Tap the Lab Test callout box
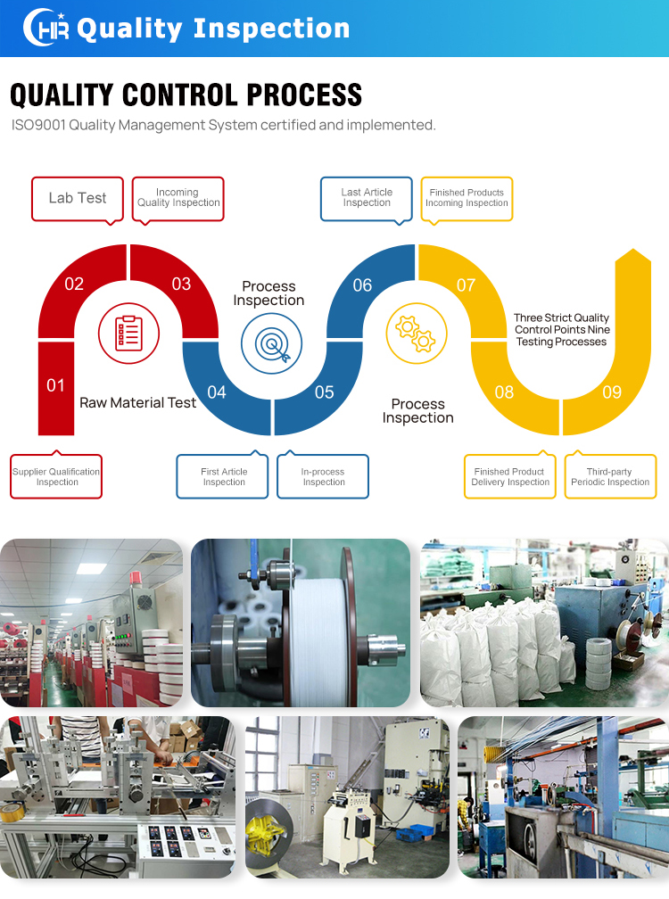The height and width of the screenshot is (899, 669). pyautogui.click(x=78, y=198)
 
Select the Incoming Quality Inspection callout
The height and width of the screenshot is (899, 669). pyautogui.click(x=178, y=198)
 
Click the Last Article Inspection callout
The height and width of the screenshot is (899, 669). pyautogui.click(x=367, y=198)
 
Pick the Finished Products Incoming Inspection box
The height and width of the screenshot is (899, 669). pyautogui.click(x=467, y=198)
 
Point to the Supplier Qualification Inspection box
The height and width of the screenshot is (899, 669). pyautogui.click(x=56, y=477)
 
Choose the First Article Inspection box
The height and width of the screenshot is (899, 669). pyautogui.click(x=224, y=477)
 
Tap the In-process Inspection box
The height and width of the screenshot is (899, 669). pyautogui.click(x=324, y=477)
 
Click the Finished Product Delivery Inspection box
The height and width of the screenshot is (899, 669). pyautogui.click(x=510, y=477)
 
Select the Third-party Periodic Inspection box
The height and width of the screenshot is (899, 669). pyautogui.click(x=610, y=477)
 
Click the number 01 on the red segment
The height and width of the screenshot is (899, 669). pyautogui.click(x=56, y=385)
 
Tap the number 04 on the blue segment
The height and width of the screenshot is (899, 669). pyautogui.click(x=217, y=392)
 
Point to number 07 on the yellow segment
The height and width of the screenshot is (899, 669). pyautogui.click(x=467, y=285)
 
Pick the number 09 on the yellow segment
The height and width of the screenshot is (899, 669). pyautogui.click(x=612, y=392)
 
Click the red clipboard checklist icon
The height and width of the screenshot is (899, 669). pyautogui.click(x=128, y=333)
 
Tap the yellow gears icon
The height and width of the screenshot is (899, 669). pyautogui.click(x=416, y=333)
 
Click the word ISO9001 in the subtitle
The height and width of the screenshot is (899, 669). pyautogui.click(x=43, y=125)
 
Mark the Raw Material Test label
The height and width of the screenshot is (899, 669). pyautogui.click(x=138, y=403)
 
